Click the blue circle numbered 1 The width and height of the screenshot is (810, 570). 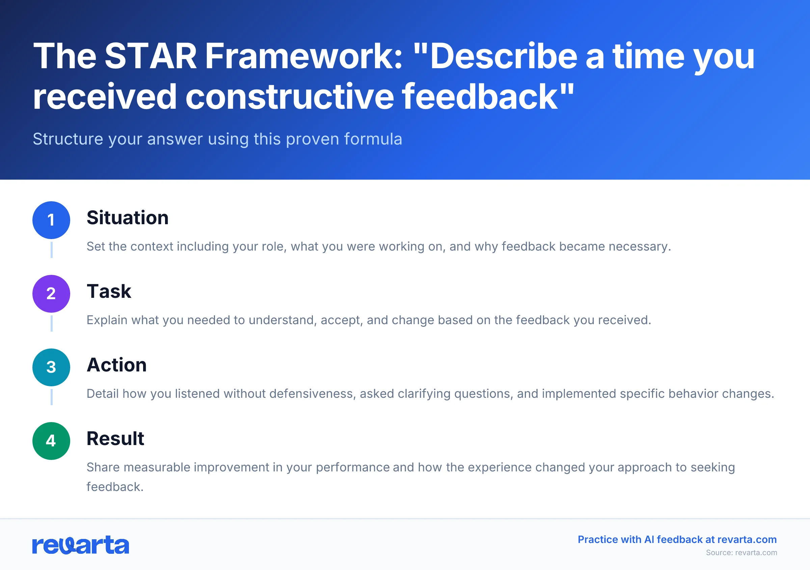(51, 220)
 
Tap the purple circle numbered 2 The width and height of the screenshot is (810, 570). (51, 294)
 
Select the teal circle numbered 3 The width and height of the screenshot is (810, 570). (51, 367)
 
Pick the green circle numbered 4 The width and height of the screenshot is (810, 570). (51, 441)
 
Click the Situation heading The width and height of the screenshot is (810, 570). (127, 217)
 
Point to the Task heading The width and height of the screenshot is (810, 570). (109, 291)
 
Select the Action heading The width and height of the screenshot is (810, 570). (116, 365)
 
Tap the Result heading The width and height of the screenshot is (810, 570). (115, 438)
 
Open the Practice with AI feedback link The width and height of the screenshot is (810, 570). (677, 539)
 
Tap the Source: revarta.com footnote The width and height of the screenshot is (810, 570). (741, 553)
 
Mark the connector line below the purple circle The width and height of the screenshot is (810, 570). (52, 323)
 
